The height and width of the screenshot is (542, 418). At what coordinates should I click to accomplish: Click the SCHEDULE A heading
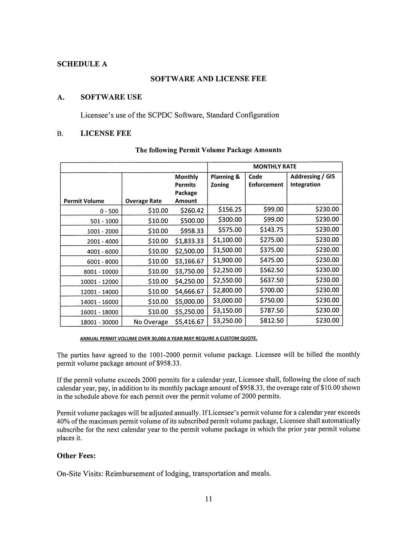(82, 64)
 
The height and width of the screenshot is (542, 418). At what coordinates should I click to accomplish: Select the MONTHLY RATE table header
(275, 166)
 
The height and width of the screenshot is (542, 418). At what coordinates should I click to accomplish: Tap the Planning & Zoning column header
(225, 181)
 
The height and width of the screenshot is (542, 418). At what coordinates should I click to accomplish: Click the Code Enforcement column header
(266, 181)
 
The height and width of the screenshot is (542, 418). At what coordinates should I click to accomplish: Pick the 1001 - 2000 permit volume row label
(102, 231)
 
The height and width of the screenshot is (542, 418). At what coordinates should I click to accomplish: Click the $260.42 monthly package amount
(192, 210)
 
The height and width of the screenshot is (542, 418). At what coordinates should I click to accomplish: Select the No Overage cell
(151, 322)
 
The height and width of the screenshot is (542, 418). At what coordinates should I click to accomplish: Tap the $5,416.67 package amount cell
(189, 322)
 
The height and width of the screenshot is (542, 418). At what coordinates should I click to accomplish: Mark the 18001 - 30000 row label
(99, 322)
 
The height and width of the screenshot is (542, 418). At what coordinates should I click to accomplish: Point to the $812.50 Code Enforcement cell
(271, 320)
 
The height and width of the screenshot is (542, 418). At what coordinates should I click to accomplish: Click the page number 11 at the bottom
(209, 499)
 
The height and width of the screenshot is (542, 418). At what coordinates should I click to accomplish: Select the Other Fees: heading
(76, 456)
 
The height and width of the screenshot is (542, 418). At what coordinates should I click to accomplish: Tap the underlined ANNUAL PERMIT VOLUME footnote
(169, 338)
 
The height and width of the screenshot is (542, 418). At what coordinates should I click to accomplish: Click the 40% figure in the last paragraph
(63, 421)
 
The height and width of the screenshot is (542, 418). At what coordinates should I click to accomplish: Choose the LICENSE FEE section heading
(106, 133)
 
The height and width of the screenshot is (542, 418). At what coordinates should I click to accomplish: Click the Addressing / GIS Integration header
(312, 181)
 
